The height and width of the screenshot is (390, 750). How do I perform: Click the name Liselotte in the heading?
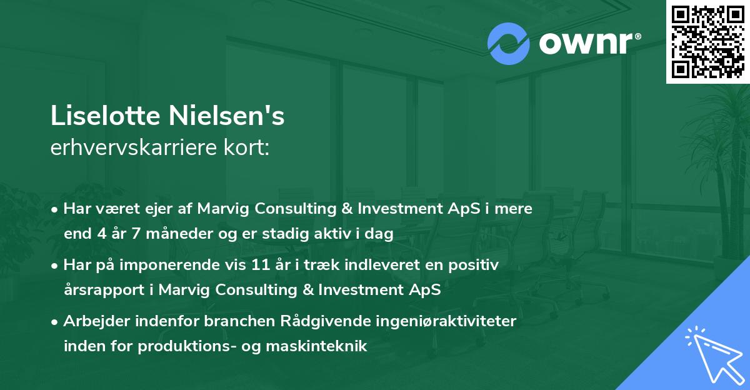[x=106, y=116]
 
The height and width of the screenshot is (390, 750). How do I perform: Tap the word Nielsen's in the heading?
[x=226, y=116]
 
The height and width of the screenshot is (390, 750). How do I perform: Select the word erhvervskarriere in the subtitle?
[x=134, y=147]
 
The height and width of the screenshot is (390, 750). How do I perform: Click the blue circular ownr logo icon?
[x=508, y=44]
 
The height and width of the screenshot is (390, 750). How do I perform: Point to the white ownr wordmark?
[x=590, y=43]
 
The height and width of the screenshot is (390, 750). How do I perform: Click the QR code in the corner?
[x=707, y=41]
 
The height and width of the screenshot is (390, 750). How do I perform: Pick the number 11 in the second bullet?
[x=261, y=265]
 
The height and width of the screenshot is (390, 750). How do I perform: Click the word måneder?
[x=179, y=234]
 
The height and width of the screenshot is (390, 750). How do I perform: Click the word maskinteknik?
[x=316, y=346]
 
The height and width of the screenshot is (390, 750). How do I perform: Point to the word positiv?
[x=474, y=266]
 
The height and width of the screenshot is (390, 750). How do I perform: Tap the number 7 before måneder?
[x=136, y=234]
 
